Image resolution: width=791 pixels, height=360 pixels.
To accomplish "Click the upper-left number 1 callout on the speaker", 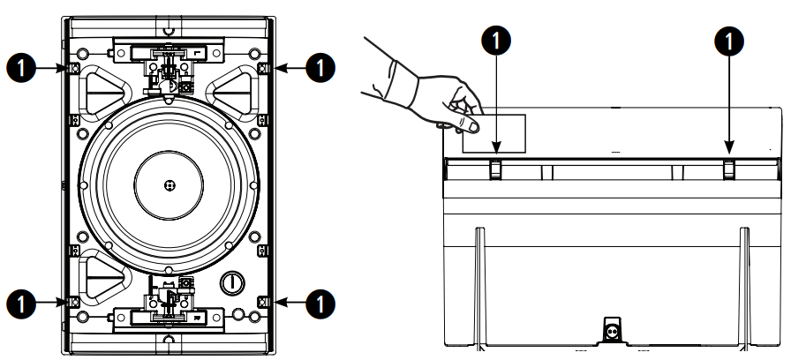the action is pyautogui.click(x=21, y=68).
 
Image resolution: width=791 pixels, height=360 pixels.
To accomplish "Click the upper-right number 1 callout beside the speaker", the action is pyautogui.click(x=320, y=68).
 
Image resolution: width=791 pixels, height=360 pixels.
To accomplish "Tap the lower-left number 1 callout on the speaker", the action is pyautogui.click(x=21, y=304).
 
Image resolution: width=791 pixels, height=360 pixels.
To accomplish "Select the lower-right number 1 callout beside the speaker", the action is pyautogui.click(x=320, y=304).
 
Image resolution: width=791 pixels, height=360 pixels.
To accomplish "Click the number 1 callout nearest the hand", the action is pyautogui.click(x=496, y=41).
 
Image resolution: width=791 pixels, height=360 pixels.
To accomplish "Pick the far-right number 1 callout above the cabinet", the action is pyautogui.click(x=729, y=41).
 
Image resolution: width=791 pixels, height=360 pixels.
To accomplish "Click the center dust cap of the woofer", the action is pyautogui.click(x=169, y=185).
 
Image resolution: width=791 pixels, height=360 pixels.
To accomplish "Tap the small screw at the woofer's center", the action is pyautogui.click(x=169, y=185).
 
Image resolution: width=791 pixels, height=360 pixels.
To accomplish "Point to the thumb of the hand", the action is pyautogui.click(x=468, y=124).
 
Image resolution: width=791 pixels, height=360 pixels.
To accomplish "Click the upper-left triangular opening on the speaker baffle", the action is pyautogui.click(x=104, y=93).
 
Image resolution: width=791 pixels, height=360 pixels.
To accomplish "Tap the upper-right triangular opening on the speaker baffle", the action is pyautogui.click(x=234, y=93).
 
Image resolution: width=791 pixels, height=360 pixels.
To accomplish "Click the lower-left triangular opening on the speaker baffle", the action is pyautogui.click(x=104, y=276).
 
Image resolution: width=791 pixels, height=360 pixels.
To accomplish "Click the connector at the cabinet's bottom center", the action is pyautogui.click(x=613, y=331).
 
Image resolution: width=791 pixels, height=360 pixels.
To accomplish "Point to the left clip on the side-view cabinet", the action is pyautogui.click(x=496, y=169).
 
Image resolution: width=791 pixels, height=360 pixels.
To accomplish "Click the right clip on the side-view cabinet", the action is pyautogui.click(x=729, y=169).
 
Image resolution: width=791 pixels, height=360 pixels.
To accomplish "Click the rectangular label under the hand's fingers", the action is pyautogui.click(x=493, y=133).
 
